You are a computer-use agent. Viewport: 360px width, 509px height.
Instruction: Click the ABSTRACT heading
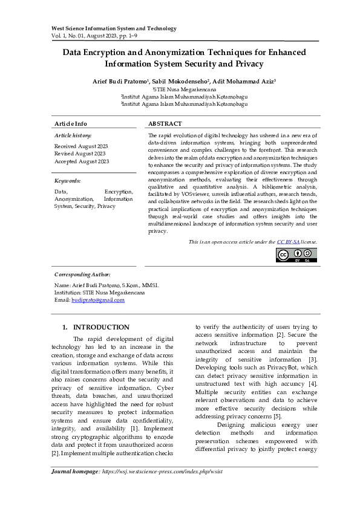(165, 123)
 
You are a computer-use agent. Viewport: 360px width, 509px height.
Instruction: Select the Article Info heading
(71, 123)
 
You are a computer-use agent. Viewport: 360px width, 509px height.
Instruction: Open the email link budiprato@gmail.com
(98, 300)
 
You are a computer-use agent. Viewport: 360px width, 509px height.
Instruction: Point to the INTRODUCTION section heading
(101, 327)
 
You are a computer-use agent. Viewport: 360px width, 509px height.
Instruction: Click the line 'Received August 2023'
(81, 146)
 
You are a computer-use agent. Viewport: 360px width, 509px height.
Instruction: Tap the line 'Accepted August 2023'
(82, 161)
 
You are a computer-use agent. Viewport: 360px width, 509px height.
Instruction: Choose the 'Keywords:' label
(67, 181)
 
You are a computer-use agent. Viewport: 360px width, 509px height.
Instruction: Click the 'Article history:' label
(73, 135)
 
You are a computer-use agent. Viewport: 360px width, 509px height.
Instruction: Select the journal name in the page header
(114, 28)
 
